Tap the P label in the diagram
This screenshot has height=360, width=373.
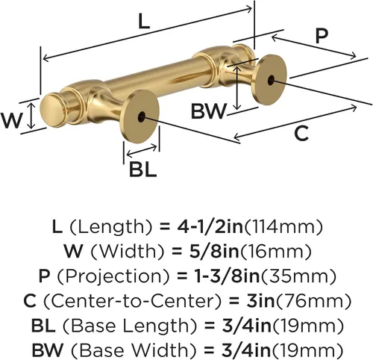(x=322, y=37)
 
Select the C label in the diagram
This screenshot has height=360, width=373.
(x=301, y=133)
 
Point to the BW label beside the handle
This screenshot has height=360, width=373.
(x=209, y=111)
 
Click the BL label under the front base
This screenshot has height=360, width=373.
(x=143, y=170)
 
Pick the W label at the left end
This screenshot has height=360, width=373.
(x=11, y=120)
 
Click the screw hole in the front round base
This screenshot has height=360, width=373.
(x=142, y=117)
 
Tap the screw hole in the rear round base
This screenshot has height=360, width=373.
(x=271, y=80)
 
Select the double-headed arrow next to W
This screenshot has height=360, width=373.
(x=31, y=117)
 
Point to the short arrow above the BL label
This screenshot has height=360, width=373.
(x=142, y=151)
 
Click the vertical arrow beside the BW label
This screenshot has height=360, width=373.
(x=237, y=88)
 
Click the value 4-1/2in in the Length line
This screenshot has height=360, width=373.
(x=210, y=227)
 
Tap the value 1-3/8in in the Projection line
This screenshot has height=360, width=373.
(x=227, y=276)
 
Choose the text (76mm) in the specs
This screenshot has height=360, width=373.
(x=313, y=301)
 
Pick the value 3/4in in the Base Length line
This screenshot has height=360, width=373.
(x=246, y=326)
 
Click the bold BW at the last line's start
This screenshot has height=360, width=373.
(x=48, y=350)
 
